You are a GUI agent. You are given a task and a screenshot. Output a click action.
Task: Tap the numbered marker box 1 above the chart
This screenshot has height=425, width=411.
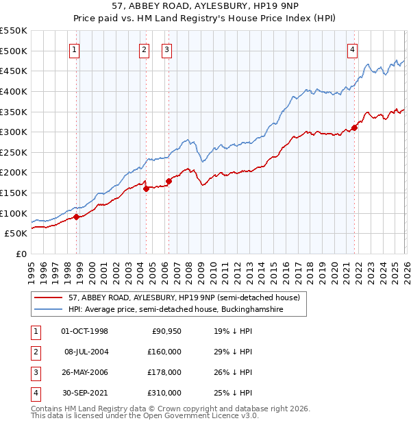pos(74,49)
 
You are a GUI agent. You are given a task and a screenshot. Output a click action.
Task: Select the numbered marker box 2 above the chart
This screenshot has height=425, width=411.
pos(144,49)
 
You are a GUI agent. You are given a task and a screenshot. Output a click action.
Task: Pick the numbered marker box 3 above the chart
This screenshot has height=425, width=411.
pos(166,49)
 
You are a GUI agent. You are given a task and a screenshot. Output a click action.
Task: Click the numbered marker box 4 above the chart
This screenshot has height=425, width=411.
pos(352,49)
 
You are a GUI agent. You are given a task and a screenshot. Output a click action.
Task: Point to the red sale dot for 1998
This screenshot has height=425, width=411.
pos(77,217)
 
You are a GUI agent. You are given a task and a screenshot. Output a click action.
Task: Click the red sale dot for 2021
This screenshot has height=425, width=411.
pos(355,127)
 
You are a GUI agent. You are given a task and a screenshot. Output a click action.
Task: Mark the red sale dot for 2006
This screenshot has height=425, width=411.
pos(169,181)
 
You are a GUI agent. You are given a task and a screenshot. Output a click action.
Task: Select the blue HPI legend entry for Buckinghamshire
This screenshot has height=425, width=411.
pos(175,310)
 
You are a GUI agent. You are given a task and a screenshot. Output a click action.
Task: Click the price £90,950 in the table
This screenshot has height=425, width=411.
pos(164,331)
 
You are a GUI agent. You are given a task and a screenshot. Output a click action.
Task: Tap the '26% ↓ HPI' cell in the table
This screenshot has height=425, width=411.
pos(232,372)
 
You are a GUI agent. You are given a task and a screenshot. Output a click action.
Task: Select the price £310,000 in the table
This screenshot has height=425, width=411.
pos(164,393)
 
